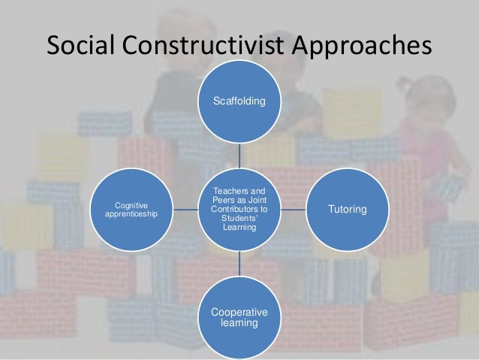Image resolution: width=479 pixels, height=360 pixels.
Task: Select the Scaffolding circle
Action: click(x=239, y=100)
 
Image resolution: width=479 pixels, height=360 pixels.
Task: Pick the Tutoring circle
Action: click(x=347, y=208)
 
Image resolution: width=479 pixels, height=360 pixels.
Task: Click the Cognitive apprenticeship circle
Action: click(x=131, y=208)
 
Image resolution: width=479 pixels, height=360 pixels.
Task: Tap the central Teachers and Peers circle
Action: click(x=239, y=208)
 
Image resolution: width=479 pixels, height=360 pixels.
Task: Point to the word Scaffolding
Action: click(x=239, y=100)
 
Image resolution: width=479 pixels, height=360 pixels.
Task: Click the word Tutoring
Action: click(x=347, y=209)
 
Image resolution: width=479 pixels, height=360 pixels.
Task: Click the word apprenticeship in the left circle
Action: click(x=131, y=213)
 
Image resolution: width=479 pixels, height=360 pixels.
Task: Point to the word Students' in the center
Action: click(x=239, y=218)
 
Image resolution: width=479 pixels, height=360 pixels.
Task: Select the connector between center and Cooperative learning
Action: click(x=239, y=262)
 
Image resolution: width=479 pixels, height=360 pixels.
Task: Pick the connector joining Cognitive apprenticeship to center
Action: click(x=185, y=208)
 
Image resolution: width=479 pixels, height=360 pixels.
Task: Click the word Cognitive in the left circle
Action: click(x=131, y=204)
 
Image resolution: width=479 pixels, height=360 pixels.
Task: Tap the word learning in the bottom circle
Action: click(x=239, y=322)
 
